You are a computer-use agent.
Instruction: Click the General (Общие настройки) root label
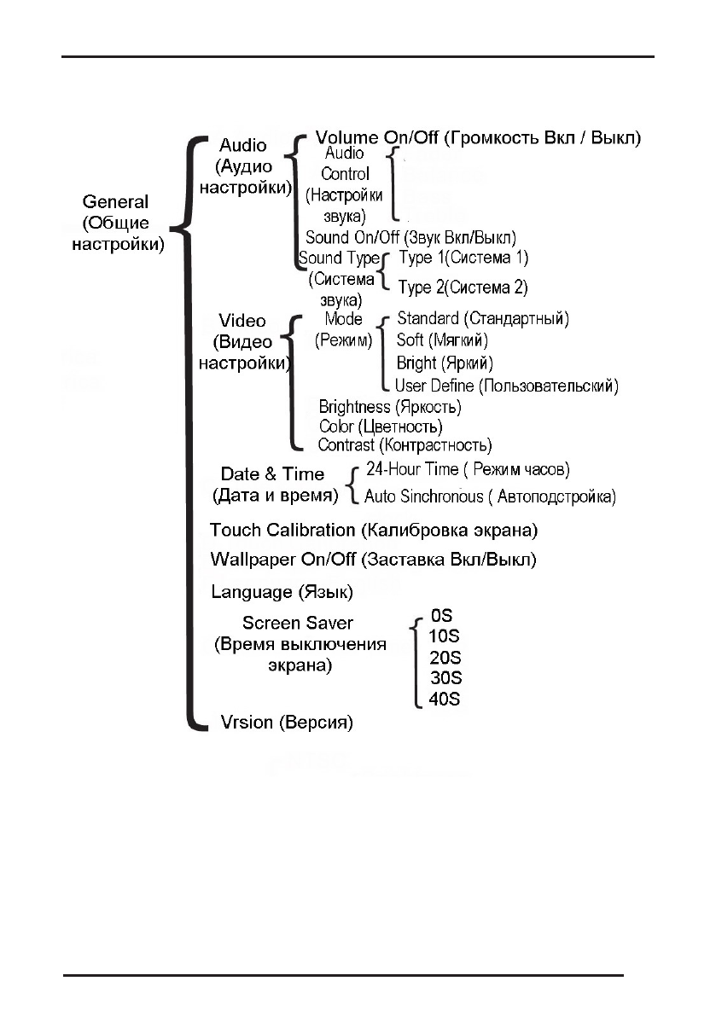115,222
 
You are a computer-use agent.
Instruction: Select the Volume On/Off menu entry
478,136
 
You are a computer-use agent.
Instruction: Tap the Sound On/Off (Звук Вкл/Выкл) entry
410,237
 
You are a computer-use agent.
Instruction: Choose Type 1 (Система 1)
463,257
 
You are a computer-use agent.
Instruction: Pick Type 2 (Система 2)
463,287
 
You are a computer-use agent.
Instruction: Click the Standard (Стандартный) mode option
483,319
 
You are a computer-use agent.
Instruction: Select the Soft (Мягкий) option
442,341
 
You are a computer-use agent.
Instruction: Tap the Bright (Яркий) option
445,363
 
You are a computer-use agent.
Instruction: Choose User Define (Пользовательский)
506,386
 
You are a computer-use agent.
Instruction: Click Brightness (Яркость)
390,407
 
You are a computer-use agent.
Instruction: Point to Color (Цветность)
381,426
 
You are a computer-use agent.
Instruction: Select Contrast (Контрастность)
405,445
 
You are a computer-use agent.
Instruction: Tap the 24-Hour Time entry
468,470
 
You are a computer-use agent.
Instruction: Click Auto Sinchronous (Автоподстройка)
490,496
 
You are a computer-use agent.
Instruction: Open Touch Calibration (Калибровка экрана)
374,531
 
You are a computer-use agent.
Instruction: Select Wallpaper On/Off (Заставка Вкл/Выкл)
373,560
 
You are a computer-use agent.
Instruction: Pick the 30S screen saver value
445,678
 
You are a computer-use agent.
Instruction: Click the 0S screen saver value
441,614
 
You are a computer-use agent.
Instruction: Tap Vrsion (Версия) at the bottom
282,723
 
